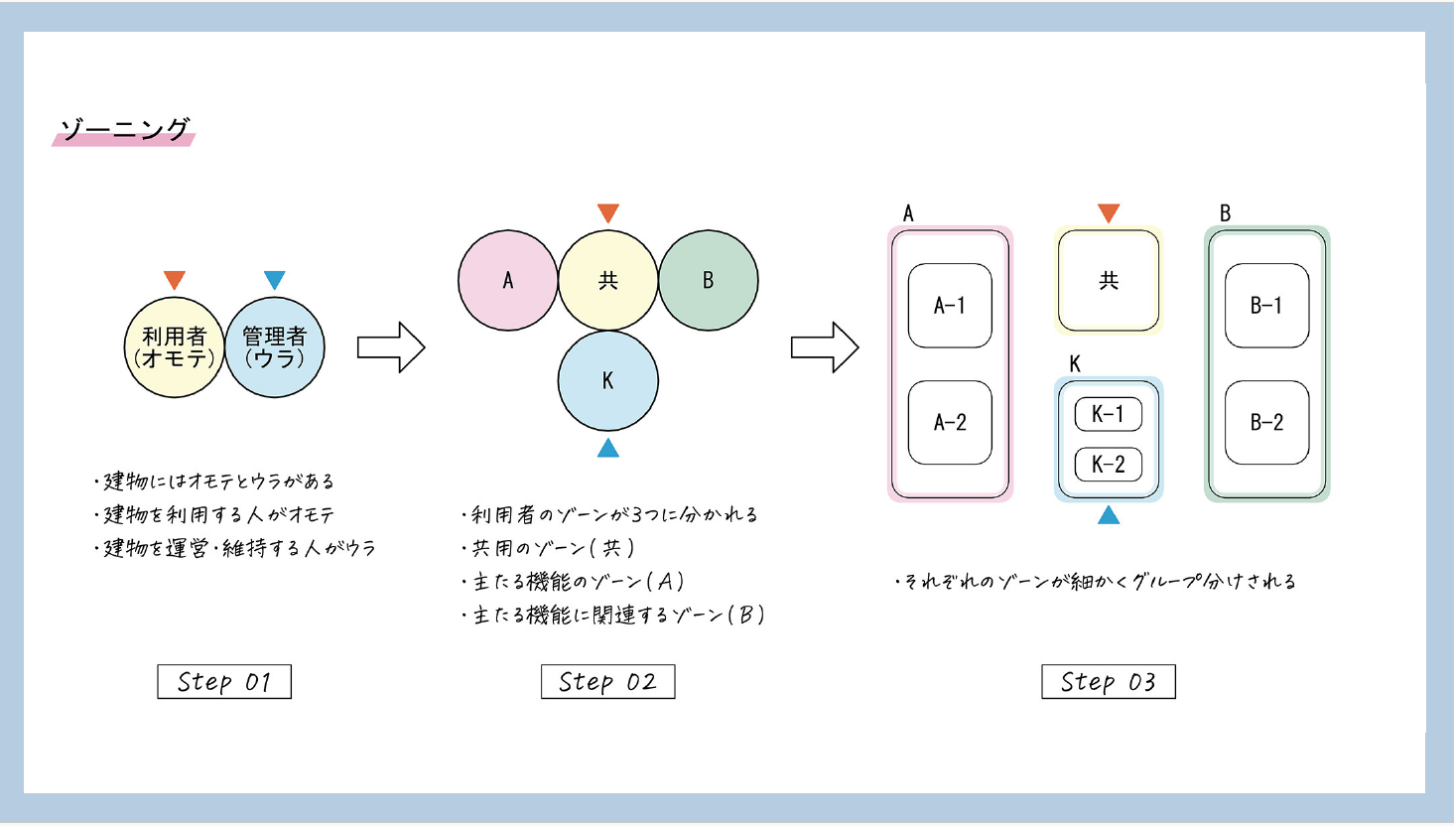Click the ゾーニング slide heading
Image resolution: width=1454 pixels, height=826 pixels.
coord(124,130)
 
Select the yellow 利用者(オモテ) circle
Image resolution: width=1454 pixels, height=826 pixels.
coord(174,347)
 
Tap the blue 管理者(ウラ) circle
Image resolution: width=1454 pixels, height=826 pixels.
coord(275,347)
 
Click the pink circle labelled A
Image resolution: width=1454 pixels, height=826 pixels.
coord(507,280)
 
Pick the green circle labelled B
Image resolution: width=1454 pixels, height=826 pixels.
coord(709,280)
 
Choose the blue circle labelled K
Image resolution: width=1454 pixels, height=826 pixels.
coord(607,380)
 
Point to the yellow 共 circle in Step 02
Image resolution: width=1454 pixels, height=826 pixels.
coord(607,280)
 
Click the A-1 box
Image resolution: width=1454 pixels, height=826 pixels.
coord(950,306)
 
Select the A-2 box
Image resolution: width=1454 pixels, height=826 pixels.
coord(950,423)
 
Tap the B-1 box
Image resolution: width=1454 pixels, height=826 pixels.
coord(1266,306)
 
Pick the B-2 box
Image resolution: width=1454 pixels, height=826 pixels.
coord(1266,423)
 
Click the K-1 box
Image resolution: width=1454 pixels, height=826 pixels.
coord(1108,414)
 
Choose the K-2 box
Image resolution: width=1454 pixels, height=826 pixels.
coord(1108,464)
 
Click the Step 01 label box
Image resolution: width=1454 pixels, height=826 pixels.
coord(224,682)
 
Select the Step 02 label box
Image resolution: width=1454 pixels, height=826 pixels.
coord(607,682)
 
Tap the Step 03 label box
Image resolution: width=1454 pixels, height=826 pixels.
coord(1108,682)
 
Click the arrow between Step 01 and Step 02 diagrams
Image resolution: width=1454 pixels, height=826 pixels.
coord(390,347)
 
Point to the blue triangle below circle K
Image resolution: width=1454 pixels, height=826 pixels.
coord(608,450)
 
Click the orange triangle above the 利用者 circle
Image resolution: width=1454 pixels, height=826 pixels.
coord(175,280)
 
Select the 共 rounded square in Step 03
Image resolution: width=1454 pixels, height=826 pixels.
coord(1108,281)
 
